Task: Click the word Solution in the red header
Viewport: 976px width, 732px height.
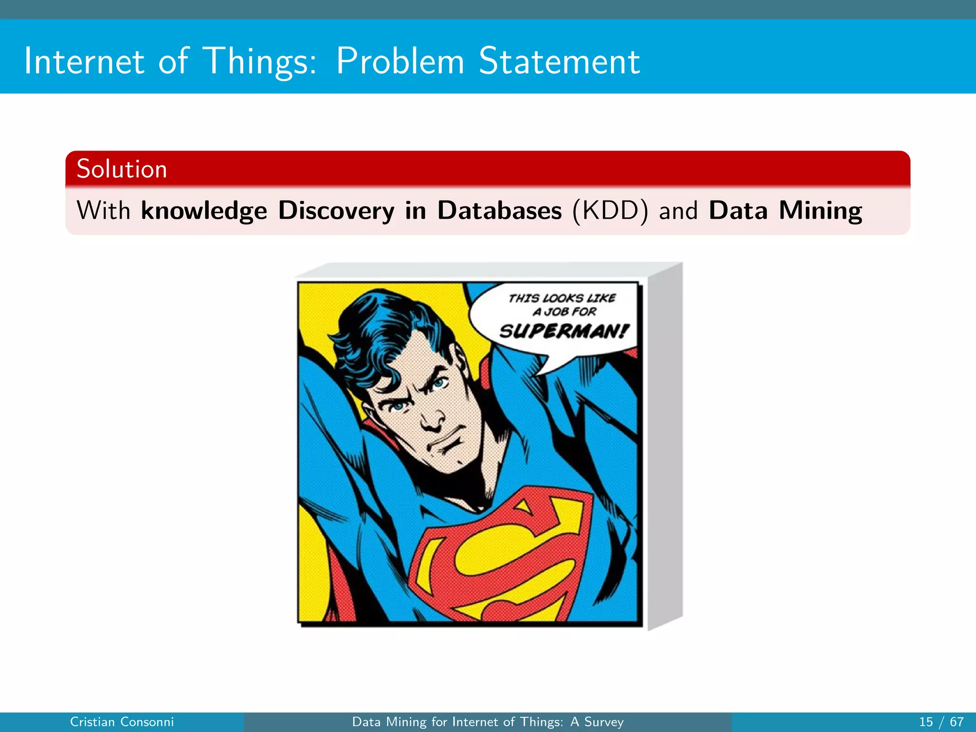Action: [x=122, y=169]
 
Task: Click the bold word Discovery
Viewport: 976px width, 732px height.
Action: [x=336, y=210]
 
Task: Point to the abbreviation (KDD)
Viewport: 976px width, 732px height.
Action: [x=610, y=210]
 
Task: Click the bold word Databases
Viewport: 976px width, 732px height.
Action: [x=499, y=210]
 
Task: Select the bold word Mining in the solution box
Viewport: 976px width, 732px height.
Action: [x=820, y=210]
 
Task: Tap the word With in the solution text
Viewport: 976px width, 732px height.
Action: [x=103, y=210]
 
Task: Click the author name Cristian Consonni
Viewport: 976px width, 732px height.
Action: [x=122, y=722]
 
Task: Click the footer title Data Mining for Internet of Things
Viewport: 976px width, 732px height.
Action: [x=488, y=722]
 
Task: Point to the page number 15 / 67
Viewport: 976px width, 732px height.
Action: [x=941, y=722]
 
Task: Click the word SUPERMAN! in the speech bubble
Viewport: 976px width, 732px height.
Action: [x=564, y=331]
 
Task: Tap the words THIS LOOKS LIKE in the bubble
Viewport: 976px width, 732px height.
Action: [x=562, y=298]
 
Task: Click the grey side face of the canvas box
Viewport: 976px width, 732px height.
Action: [x=665, y=443]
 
